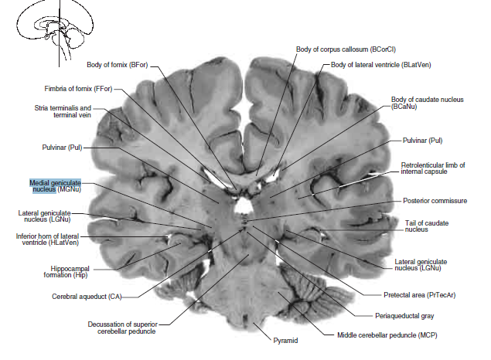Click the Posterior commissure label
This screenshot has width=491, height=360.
coord(435,201)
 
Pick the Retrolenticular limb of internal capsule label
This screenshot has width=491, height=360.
coord(433,169)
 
